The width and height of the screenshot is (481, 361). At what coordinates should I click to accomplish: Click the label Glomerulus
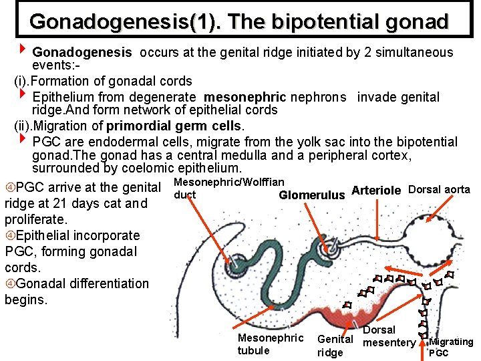pyautogui.click(x=311, y=195)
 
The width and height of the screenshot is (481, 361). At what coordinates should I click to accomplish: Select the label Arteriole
pyautogui.click(x=376, y=191)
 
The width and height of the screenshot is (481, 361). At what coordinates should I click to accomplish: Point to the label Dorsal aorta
pyautogui.click(x=439, y=190)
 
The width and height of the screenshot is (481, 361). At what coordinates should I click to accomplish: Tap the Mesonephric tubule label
pyautogui.click(x=270, y=344)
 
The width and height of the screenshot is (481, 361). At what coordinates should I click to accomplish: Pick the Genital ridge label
pyautogui.click(x=335, y=346)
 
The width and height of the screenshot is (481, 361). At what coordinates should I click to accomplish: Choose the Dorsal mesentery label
pyautogui.click(x=389, y=336)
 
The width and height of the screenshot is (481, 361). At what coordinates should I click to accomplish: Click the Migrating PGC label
pyautogui.click(x=451, y=347)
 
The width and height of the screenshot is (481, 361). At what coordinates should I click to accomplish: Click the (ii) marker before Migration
pyautogui.click(x=24, y=126)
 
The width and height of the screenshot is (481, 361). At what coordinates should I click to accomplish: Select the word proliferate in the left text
pyautogui.click(x=36, y=219)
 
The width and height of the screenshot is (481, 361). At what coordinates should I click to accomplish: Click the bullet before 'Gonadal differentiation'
pyautogui.click(x=9, y=284)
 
